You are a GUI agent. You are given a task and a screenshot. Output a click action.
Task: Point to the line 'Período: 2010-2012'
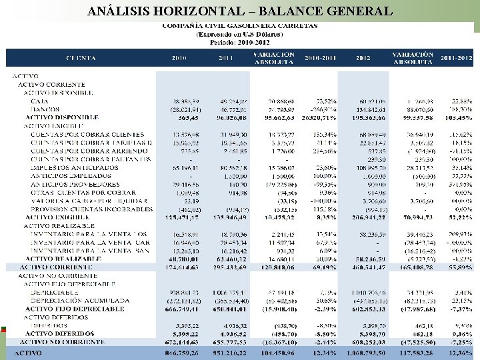point(239,41)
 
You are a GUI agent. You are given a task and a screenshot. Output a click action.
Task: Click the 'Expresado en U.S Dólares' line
point(239,33)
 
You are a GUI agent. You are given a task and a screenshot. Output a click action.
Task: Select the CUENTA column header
point(80,59)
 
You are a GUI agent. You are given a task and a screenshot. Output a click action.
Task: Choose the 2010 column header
point(179,59)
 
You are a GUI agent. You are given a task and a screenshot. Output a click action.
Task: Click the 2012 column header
point(363,59)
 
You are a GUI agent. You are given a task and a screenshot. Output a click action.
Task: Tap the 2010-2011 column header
point(319,59)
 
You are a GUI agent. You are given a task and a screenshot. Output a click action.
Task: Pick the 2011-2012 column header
point(457,59)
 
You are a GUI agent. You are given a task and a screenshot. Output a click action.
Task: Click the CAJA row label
point(39,100)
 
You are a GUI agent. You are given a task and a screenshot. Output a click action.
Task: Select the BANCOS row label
point(45,109)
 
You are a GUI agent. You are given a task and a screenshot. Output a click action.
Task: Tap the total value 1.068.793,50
point(363,352)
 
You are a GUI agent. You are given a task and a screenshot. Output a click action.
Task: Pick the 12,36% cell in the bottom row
point(457,352)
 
